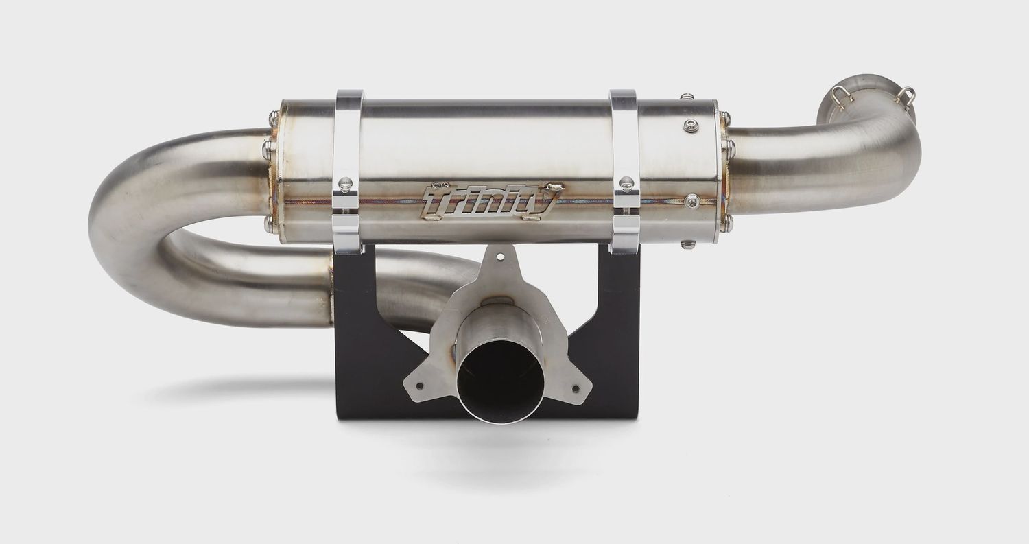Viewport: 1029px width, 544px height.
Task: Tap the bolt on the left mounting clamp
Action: tap(346, 182)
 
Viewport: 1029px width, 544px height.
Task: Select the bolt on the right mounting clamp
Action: tap(626, 183)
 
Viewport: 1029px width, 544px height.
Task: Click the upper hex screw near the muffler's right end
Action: tap(689, 126)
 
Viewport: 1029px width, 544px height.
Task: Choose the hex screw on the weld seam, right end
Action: tap(691, 200)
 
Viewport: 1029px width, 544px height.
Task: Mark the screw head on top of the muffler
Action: tap(687, 98)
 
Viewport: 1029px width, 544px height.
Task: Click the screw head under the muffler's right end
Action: tap(687, 244)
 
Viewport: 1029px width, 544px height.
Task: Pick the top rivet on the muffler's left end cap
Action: tap(274, 118)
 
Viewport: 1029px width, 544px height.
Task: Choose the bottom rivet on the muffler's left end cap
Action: tap(268, 223)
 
